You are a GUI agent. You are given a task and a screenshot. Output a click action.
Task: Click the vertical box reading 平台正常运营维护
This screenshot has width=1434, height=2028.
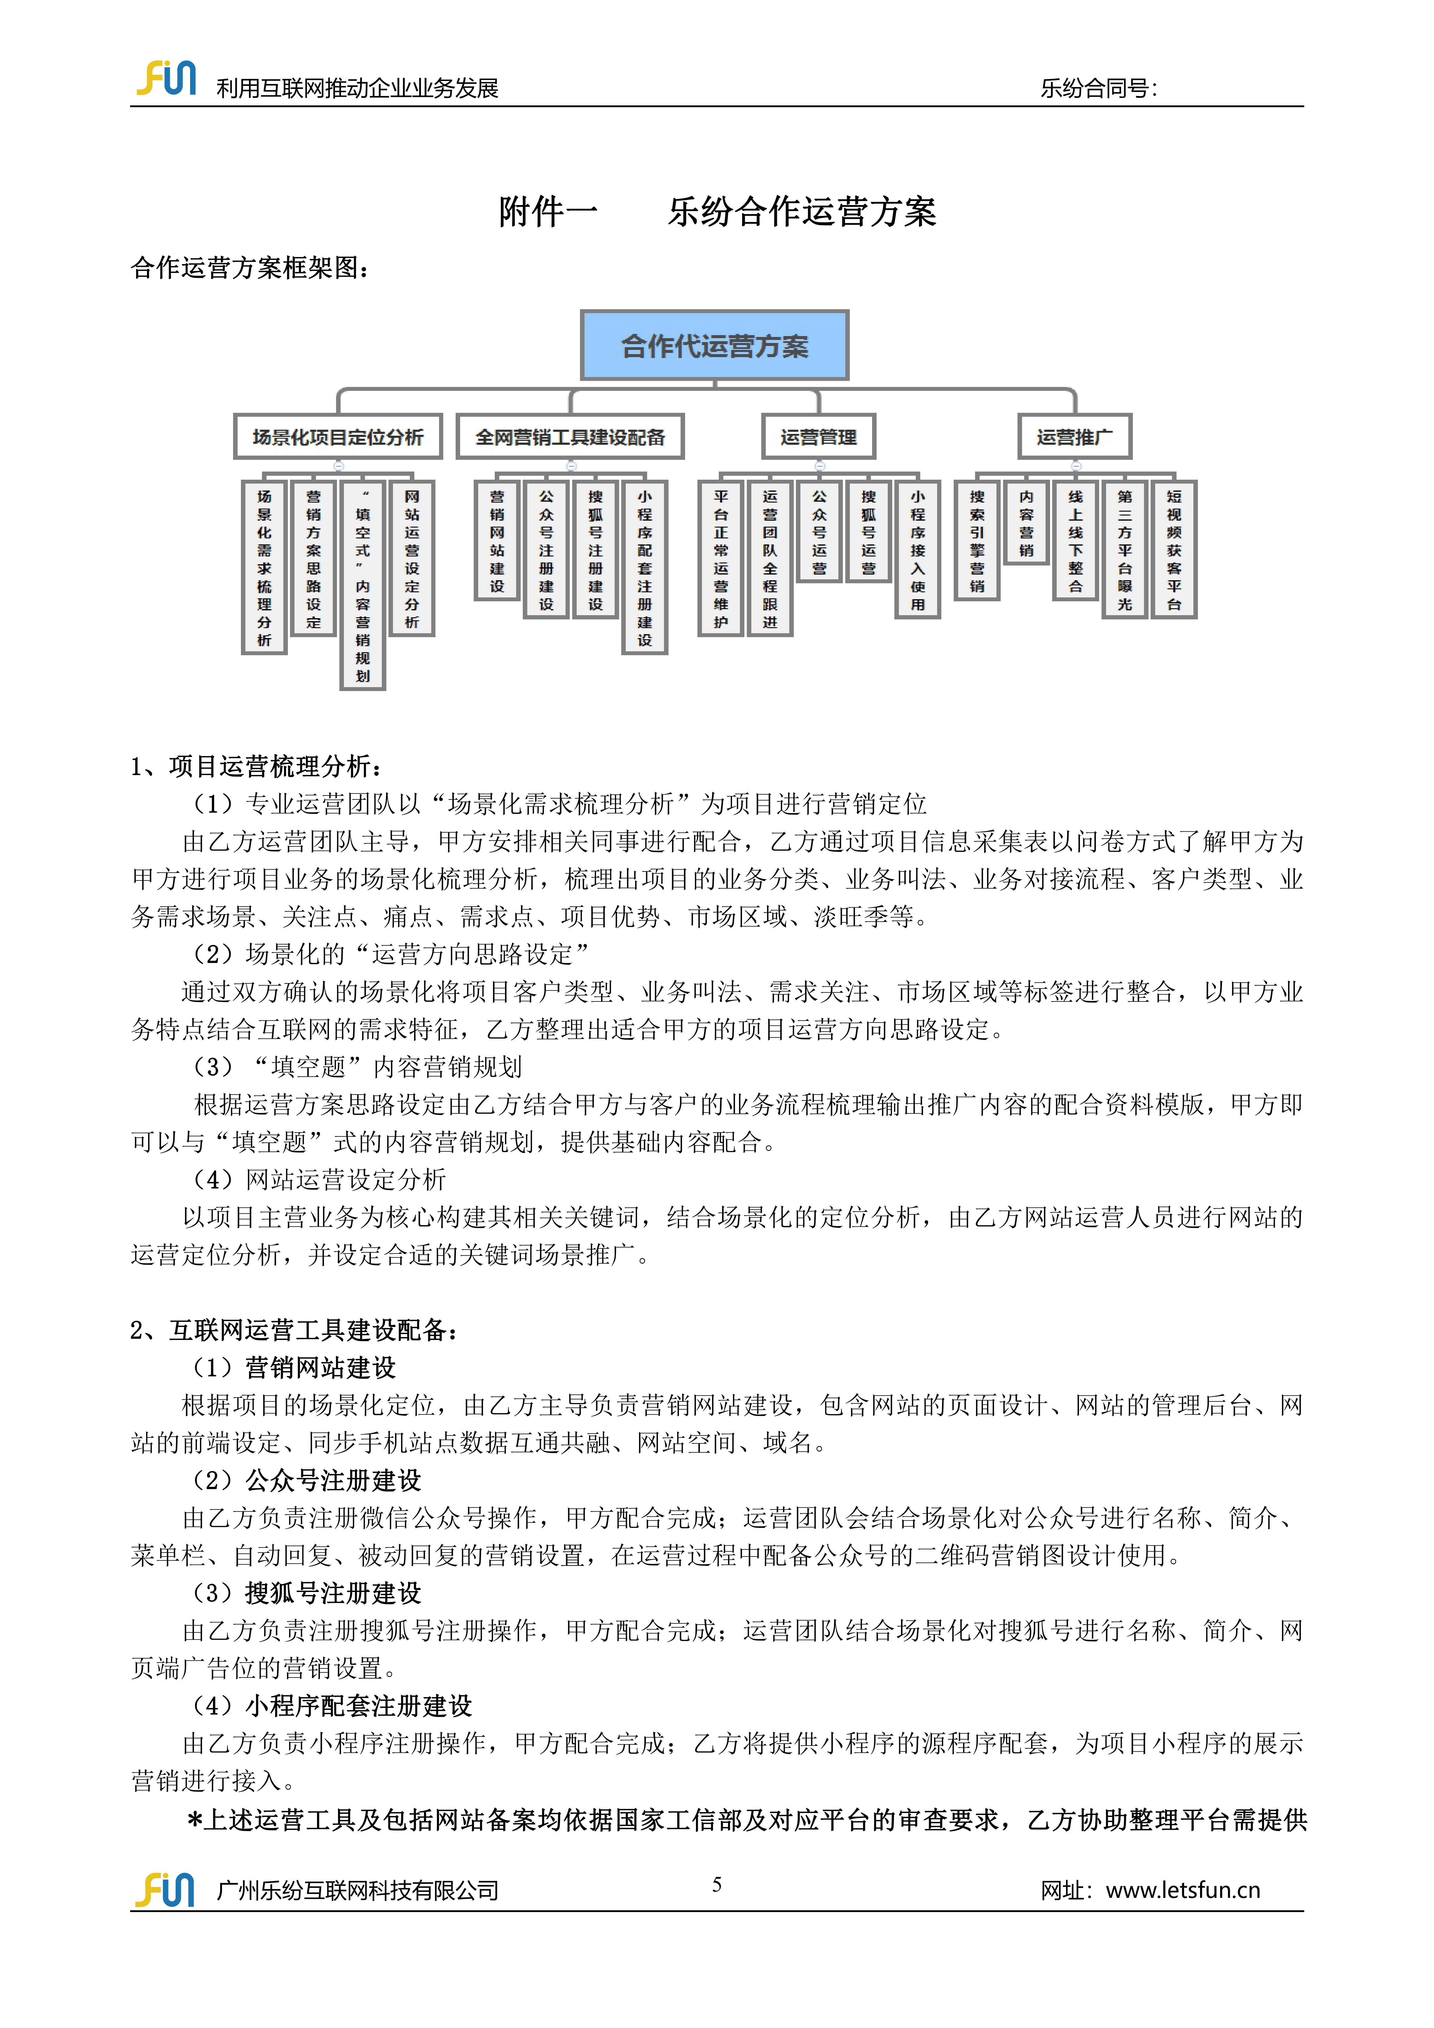721,558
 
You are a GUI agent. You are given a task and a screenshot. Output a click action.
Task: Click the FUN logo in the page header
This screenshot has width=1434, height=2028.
166,79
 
